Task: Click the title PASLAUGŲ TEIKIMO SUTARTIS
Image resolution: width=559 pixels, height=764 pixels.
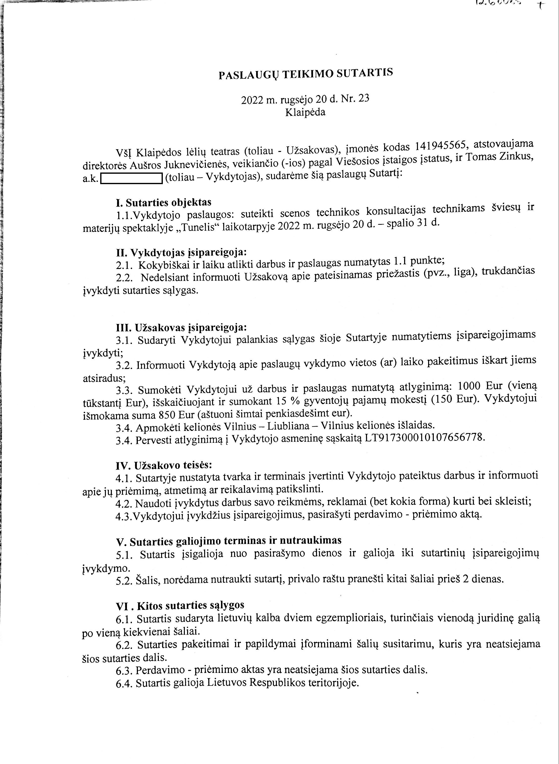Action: click(x=306, y=74)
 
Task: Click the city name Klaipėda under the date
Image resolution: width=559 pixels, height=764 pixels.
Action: click(x=305, y=112)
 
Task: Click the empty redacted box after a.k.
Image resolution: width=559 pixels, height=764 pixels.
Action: click(x=132, y=178)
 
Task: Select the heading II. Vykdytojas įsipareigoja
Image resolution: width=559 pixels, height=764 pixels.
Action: click(x=181, y=252)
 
